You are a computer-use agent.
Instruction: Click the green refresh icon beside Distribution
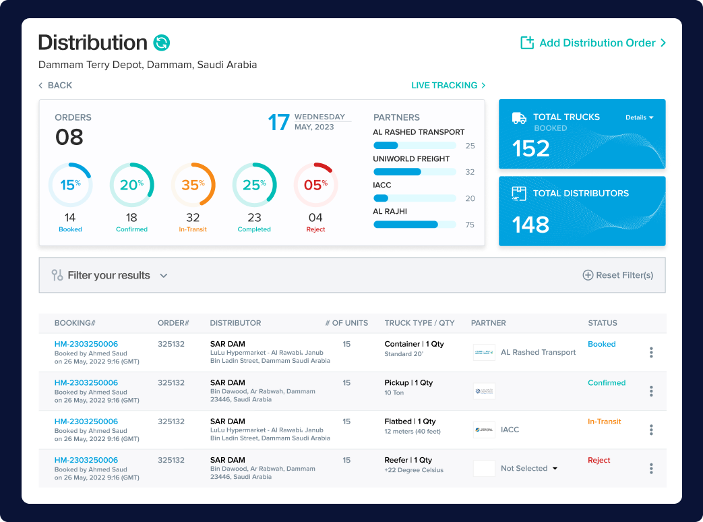(x=162, y=43)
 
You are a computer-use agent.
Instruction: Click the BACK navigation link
(x=55, y=86)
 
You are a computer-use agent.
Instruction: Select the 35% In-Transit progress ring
(x=193, y=185)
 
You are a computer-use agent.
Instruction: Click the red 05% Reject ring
(x=315, y=185)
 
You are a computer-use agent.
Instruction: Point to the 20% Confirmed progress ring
(x=131, y=185)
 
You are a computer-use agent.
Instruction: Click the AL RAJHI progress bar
(x=415, y=225)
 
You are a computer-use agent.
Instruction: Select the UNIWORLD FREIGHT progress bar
(x=415, y=172)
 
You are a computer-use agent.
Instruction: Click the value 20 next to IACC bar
(x=470, y=199)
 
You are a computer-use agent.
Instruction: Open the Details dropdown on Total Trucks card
(x=639, y=118)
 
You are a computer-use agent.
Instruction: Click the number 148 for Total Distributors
(x=531, y=225)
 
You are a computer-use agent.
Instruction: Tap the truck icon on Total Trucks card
(x=519, y=118)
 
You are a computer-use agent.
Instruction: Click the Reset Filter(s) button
(x=618, y=275)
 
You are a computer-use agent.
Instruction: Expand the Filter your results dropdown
(x=110, y=275)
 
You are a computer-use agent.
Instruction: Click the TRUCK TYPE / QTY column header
(x=419, y=323)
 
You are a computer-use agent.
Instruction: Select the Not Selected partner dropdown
(x=529, y=469)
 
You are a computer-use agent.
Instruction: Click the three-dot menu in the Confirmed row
(x=651, y=391)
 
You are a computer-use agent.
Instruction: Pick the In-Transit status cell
(x=604, y=422)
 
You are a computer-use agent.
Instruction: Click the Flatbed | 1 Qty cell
(x=410, y=422)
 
